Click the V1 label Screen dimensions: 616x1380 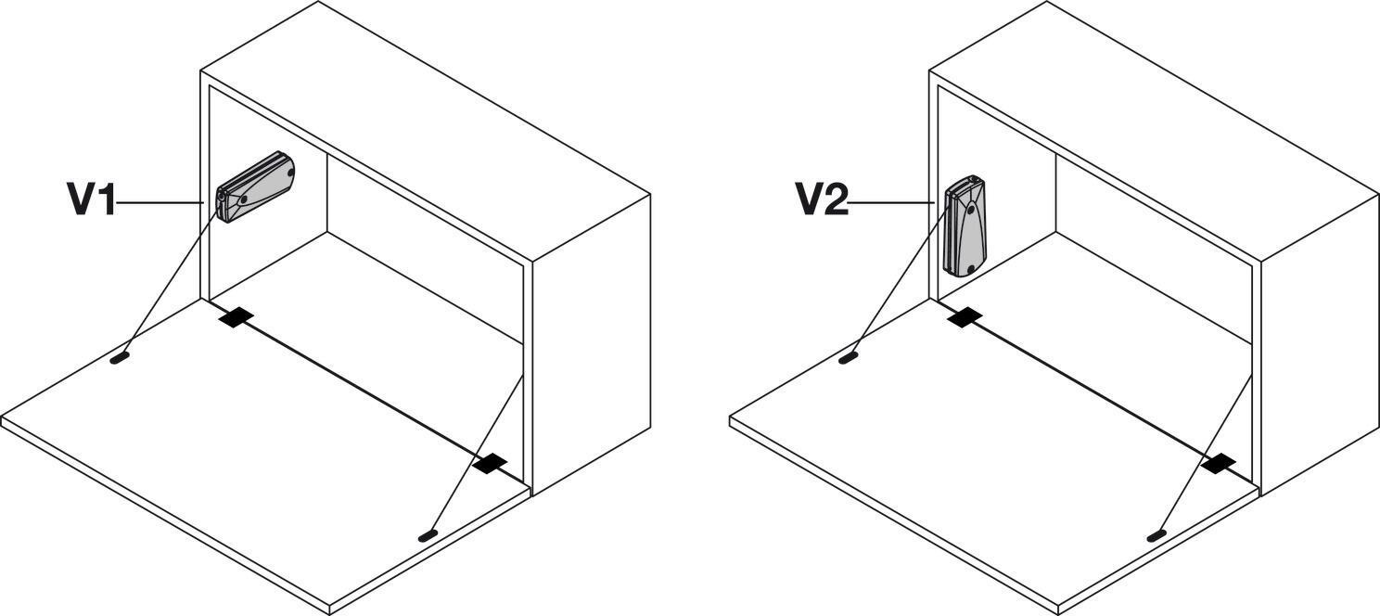click(91, 200)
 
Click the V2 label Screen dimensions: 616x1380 click(822, 200)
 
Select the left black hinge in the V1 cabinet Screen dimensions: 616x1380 click(236, 317)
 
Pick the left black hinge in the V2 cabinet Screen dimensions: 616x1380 click(965, 317)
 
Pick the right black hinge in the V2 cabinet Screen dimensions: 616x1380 click(1220, 462)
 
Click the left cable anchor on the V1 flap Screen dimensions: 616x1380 click(119, 358)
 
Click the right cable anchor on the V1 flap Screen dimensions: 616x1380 click(428, 535)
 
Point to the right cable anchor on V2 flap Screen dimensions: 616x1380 click(1156, 535)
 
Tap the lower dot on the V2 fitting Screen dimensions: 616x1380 click(970, 268)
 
